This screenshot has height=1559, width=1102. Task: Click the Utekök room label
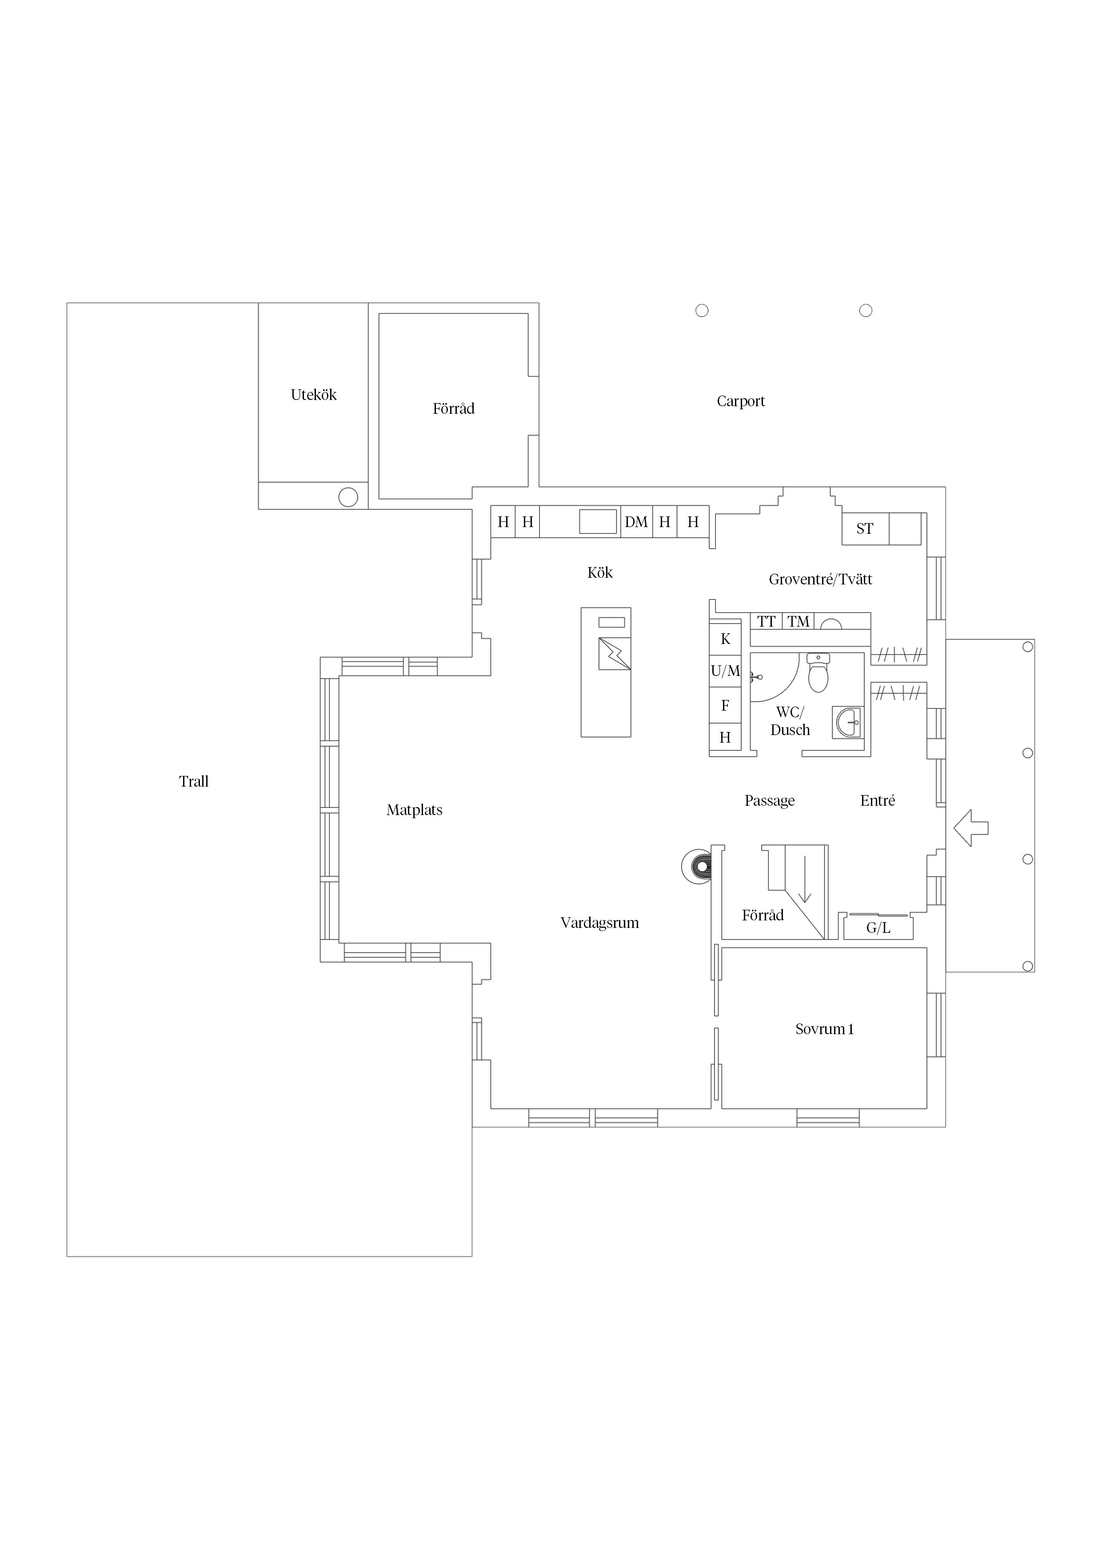coord(314,395)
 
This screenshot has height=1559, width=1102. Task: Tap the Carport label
coord(741,401)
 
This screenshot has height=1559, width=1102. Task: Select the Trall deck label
coord(193,782)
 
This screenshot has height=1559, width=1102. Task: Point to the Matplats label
coord(414,810)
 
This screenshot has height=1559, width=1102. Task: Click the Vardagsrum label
coord(599,923)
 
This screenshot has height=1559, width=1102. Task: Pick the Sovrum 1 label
coord(824,1029)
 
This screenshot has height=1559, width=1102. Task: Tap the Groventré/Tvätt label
coord(820,579)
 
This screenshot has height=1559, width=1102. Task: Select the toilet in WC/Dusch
coord(818,672)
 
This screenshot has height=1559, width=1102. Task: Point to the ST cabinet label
coord(864,529)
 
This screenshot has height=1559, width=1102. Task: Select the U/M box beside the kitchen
coord(725,671)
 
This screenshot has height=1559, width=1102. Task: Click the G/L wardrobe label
coord(878,928)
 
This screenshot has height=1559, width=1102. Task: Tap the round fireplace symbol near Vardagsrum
coord(697,867)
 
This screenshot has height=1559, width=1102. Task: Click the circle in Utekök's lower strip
coord(348,497)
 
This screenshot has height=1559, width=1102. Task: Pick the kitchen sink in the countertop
coord(598,521)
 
